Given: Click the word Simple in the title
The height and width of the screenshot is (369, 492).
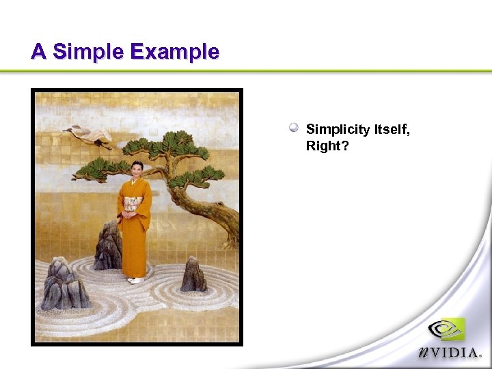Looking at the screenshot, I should click(87, 52).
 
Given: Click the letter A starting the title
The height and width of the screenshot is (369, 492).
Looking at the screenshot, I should click(39, 52).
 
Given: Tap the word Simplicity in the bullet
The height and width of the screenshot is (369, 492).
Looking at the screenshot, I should click(338, 130).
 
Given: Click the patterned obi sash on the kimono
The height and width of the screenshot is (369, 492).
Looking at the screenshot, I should click(133, 204).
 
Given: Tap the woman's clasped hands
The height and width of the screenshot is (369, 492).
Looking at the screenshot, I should click(129, 218).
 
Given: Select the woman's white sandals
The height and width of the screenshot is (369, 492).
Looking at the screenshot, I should click(135, 280).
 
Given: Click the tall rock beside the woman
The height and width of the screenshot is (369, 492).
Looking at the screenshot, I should click(108, 247).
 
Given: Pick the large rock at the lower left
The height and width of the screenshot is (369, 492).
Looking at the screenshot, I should click(64, 286).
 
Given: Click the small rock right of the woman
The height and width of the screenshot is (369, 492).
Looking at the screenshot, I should click(193, 275).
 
